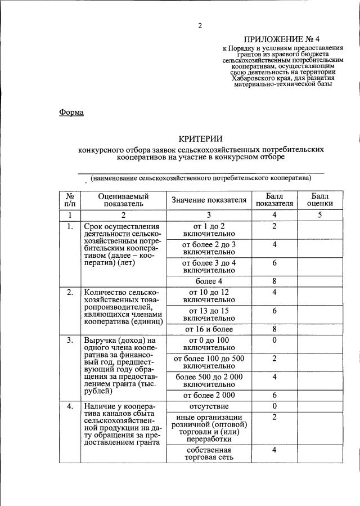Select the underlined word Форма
pyautogui.click(x=71, y=112)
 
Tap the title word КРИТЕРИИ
pyautogui.click(x=201, y=139)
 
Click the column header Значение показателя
pyautogui.click(x=209, y=200)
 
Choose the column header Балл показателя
pyautogui.click(x=274, y=200)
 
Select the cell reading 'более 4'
pyautogui.click(x=209, y=280)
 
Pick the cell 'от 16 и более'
pyautogui.click(x=209, y=329)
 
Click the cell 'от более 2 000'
pyautogui.click(x=209, y=395)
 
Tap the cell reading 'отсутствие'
pyautogui.click(x=209, y=406)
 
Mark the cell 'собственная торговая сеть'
pyautogui.click(x=209, y=454)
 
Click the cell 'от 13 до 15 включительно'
pyautogui.click(x=209, y=314)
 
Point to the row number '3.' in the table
pyautogui.click(x=70, y=341)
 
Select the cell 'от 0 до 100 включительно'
pyautogui.click(x=209, y=344)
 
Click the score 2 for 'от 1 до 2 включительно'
pyautogui.click(x=274, y=226)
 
